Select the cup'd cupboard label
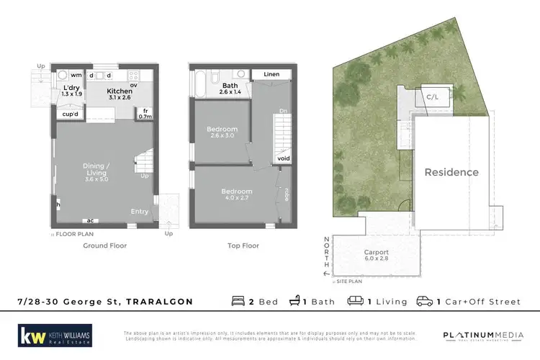click(71, 114)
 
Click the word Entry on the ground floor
click(140, 211)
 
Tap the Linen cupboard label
click(271, 74)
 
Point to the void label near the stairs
click(284, 158)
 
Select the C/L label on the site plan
click(433, 96)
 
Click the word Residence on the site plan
click(451, 172)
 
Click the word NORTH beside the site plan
click(327, 253)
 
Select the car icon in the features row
click(426, 302)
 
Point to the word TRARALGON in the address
click(159, 302)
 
